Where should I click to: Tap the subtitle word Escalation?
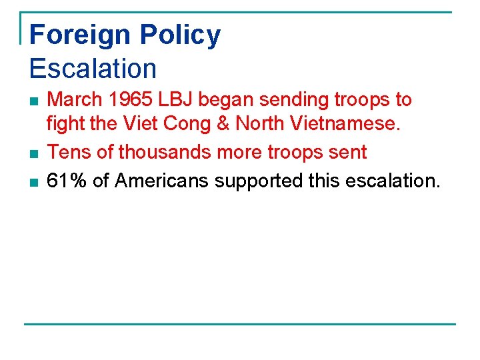coord(93,69)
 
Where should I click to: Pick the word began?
coord(228,100)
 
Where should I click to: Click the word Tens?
coord(70,153)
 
